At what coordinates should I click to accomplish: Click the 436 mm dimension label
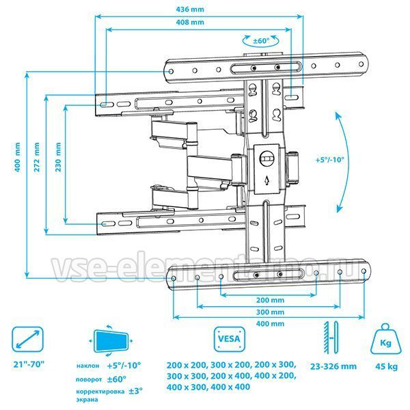tap(190, 10)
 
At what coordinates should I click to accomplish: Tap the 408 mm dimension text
tap(190, 23)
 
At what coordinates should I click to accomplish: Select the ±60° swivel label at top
tap(261, 41)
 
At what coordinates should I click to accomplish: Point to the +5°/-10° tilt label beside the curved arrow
tap(330, 160)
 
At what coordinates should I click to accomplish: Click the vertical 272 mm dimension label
tap(37, 157)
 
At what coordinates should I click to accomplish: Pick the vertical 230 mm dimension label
tap(58, 157)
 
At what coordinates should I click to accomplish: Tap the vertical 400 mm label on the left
tap(17, 157)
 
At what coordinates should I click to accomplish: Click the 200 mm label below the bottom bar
tap(270, 300)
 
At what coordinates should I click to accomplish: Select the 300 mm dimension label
tap(270, 312)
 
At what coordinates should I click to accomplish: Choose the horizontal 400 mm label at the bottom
tap(270, 324)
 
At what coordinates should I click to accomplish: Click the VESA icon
tap(230, 339)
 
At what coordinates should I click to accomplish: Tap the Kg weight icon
tap(385, 339)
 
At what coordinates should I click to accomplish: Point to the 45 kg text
tap(387, 366)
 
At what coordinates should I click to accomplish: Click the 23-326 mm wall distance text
tap(333, 366)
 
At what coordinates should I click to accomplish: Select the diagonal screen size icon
tap(27, 339)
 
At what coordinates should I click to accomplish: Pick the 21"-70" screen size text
tap(29, 364)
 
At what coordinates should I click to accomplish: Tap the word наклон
tap(87, 366)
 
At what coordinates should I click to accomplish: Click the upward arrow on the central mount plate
tap(266, 180)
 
